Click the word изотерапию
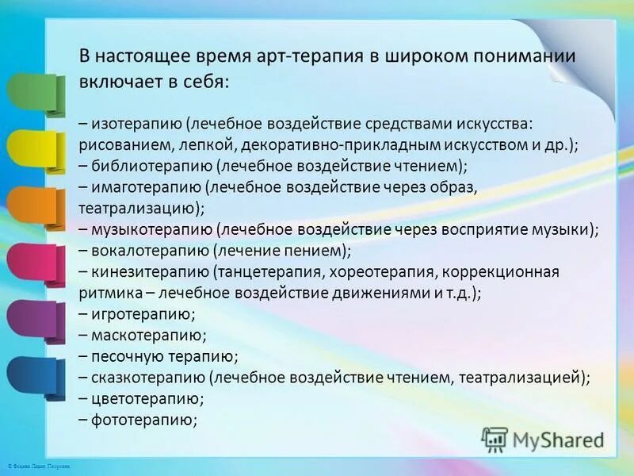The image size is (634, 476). click(136, 125)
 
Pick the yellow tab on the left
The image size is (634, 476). click(32, 148)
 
